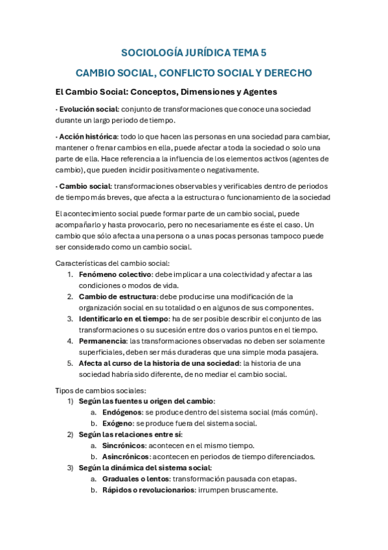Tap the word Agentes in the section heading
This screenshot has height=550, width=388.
point(256,91)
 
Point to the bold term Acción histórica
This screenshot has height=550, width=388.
point(87,136)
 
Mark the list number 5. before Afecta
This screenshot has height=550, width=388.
point(70,363)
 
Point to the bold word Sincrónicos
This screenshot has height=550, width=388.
point(123,446)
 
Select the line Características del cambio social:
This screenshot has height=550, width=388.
point(113,263)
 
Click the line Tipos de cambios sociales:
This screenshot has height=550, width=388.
point(100,390)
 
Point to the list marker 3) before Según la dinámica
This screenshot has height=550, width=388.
point(71,467)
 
